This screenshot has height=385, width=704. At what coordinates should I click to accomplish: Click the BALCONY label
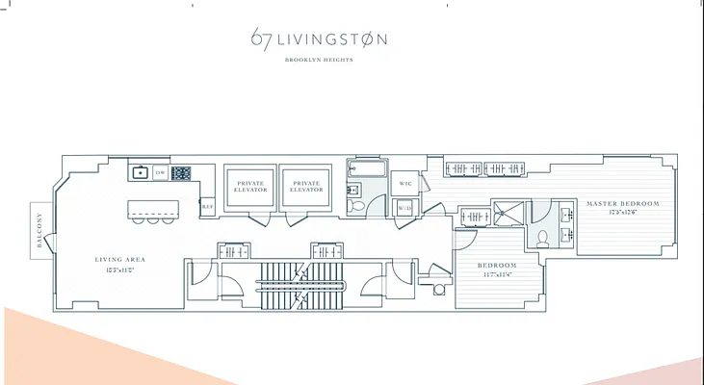(39, 231)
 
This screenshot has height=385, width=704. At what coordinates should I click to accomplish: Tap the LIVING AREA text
(118, 260)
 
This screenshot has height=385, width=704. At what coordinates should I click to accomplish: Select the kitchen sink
(141, 173)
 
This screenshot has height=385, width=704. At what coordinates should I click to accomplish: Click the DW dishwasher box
(161, 173)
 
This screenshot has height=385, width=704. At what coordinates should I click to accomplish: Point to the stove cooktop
(181, 173)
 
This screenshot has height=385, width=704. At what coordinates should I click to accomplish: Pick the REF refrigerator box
(207, 206)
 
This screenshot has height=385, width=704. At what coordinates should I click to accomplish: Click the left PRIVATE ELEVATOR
(250, 187)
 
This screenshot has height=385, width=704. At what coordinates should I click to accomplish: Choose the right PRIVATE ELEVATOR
(306, 187)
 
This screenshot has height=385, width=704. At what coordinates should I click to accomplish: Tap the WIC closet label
(405, 183)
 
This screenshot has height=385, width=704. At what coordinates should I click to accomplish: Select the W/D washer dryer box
(404, 207)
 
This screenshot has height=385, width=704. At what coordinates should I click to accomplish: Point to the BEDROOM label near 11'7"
(498, 265)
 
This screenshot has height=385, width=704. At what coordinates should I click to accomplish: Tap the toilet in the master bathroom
(543, 237)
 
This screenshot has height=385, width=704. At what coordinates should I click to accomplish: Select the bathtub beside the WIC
(366, 174)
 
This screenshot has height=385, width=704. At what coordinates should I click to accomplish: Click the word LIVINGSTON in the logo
(333, 40)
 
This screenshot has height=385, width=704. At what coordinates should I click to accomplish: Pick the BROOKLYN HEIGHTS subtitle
(319, 60)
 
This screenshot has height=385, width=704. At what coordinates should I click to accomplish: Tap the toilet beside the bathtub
(356, 204)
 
